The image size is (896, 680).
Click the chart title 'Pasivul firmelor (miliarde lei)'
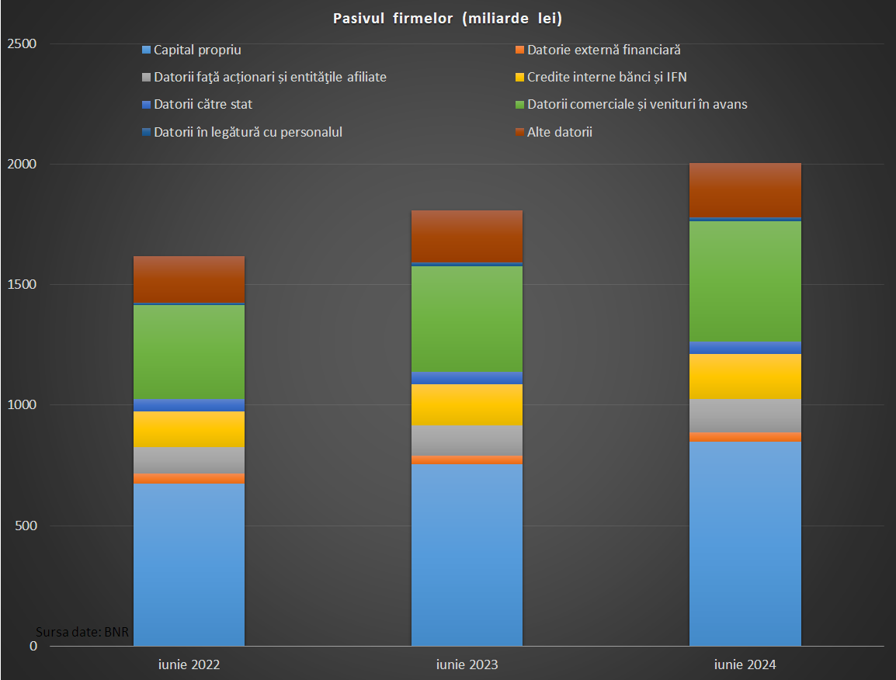[447, 19]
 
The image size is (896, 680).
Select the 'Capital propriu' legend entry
[197, 50]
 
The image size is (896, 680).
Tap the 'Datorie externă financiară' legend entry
[603, 50]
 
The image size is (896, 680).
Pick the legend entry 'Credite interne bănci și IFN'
[606, 77]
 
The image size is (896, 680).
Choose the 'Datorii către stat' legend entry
[203, 104]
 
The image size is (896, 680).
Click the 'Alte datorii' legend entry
[559, 132]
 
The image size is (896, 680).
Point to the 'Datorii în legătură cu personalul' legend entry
[248, 132]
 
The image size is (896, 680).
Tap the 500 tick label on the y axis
[26, 526]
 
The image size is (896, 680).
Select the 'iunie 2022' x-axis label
[189, 665]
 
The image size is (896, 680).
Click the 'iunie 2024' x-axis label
[745, 665]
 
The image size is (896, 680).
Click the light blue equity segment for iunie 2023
[467, 554]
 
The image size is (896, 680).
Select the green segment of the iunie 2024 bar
[745, 281]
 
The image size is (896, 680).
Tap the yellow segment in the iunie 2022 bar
[189, 428]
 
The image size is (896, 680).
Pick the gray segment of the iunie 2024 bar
[745, 415]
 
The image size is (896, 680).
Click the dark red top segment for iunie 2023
[467, 236]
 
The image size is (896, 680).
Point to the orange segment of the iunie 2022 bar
[189, 478]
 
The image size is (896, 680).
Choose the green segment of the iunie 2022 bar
[189, 352]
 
